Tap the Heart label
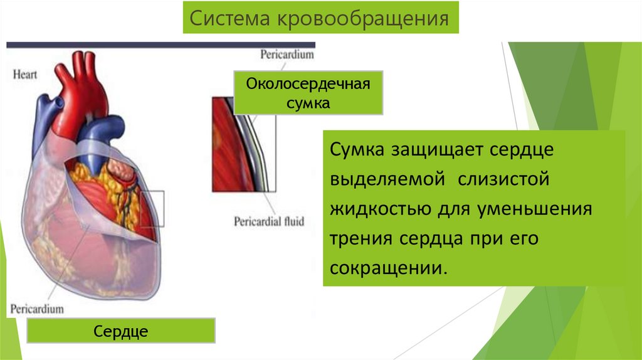pyautogui.click(x=25, y=75)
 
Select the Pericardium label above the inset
pyautogui.click(x=287, y=55)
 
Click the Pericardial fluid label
pyautogui.click(x=269, y=221)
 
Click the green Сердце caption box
pyautogui.click(x=121, y=331)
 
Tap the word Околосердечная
pyautogui.click(x=308, y=85)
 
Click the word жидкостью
pyautogui.click(x=371, y=208)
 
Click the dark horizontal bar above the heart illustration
pyautogui.click(x=160, y=45)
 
